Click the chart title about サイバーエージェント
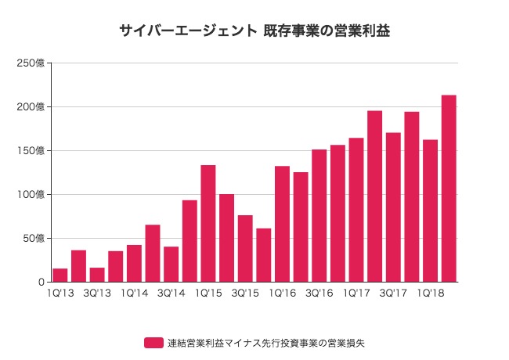pos(254,31)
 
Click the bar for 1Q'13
pos(60,275)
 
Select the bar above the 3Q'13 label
pos(97,275)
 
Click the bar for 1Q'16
pos(282,224)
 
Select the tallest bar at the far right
pos(449,188)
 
